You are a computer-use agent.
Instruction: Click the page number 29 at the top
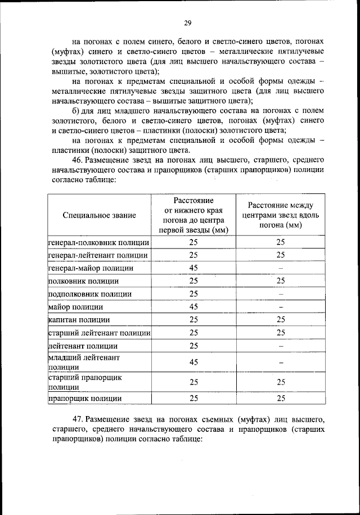187,23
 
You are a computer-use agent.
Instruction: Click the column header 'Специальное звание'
100,215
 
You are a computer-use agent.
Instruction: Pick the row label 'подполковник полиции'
90,293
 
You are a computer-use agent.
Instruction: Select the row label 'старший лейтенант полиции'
99,333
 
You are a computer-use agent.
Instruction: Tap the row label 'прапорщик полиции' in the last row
84,399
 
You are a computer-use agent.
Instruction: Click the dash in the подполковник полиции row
281,294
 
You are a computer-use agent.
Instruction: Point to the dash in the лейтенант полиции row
281,346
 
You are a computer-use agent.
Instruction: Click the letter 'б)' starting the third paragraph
77,112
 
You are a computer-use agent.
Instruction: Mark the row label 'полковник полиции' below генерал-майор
84,281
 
